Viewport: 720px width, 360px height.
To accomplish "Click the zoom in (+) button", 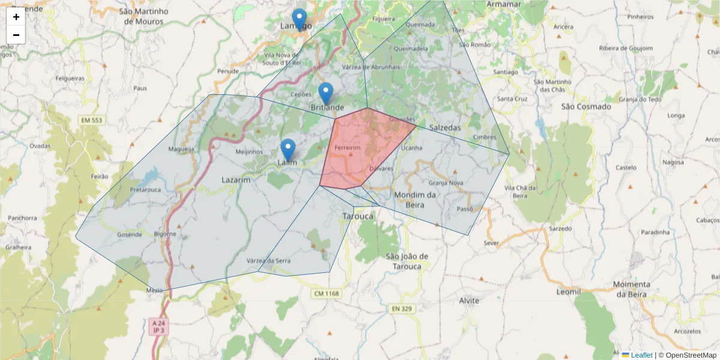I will coord(16,17).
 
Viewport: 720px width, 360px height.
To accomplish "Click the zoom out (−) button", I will coord(16,35).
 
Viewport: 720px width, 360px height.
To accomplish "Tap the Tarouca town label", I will coord(358,216).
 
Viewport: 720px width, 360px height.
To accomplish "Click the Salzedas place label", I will coord(445,128).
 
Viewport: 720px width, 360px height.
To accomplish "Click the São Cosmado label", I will coord(586,107).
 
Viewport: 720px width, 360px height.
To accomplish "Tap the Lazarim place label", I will coord(236,179).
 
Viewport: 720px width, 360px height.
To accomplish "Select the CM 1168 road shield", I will coord(326,293).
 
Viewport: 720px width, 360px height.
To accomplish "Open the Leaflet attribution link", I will coord(641,355).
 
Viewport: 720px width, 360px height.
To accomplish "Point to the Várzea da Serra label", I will coord(268,260).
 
